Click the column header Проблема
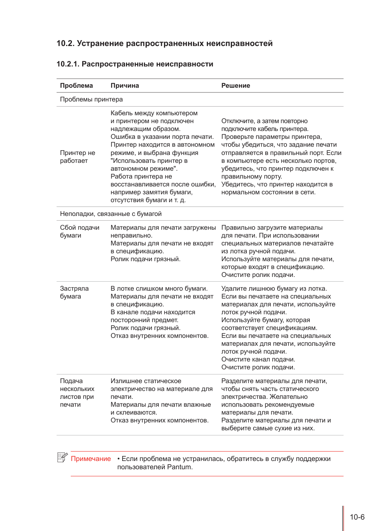pyautogui.click(x=76, y=86)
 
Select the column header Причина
pyautogui.click(x=125, y=86)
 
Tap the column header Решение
pyautogui.click(x=235, y=86)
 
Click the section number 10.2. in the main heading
pyautogui.click(x=65, y=44)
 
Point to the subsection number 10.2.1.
pyautogui.click(x=68, y=64)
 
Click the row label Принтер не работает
pyautogui.click(x=77, y=157)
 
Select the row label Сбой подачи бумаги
pyautogui.click(x=79, y=231)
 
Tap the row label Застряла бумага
pyautogui.click(x=74, y=292)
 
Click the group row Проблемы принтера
pyautogui.click(x=91, y=100)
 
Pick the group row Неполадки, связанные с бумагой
pyautogui.click(x=110, y=214)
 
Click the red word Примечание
pyautogui.click(x=91, y=459)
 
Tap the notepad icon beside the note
pyautogui.click(x=62, y=457)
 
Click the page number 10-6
pyautogui.click(x=357, y=517)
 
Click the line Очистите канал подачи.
pyautogui.click(x=258, y=360)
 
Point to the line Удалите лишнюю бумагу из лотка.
pyautogui.click(x=274, y=289)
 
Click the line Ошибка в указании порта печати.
pyautogui.click(x=162, y=137)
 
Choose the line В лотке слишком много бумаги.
pyautogui.click(x=159, y=289)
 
